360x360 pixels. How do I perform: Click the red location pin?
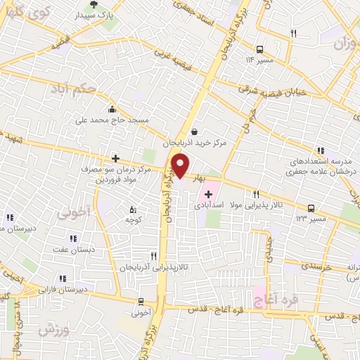(x=180, y=165)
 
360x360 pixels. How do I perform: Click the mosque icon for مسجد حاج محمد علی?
(x=112, y=109)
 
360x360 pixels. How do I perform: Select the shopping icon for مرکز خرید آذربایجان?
(x=194, y=131)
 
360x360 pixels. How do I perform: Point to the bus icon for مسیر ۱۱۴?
(x=260, y=49)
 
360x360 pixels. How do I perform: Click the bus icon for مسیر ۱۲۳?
(x=311, y=207)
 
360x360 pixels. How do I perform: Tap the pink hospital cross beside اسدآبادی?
(x=208, y=193)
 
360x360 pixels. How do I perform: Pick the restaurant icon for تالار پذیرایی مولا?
(x=257, y=194)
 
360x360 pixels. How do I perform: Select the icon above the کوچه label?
(x=134, y=209)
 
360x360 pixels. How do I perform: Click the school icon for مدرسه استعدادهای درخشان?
(x=321, y=150)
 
